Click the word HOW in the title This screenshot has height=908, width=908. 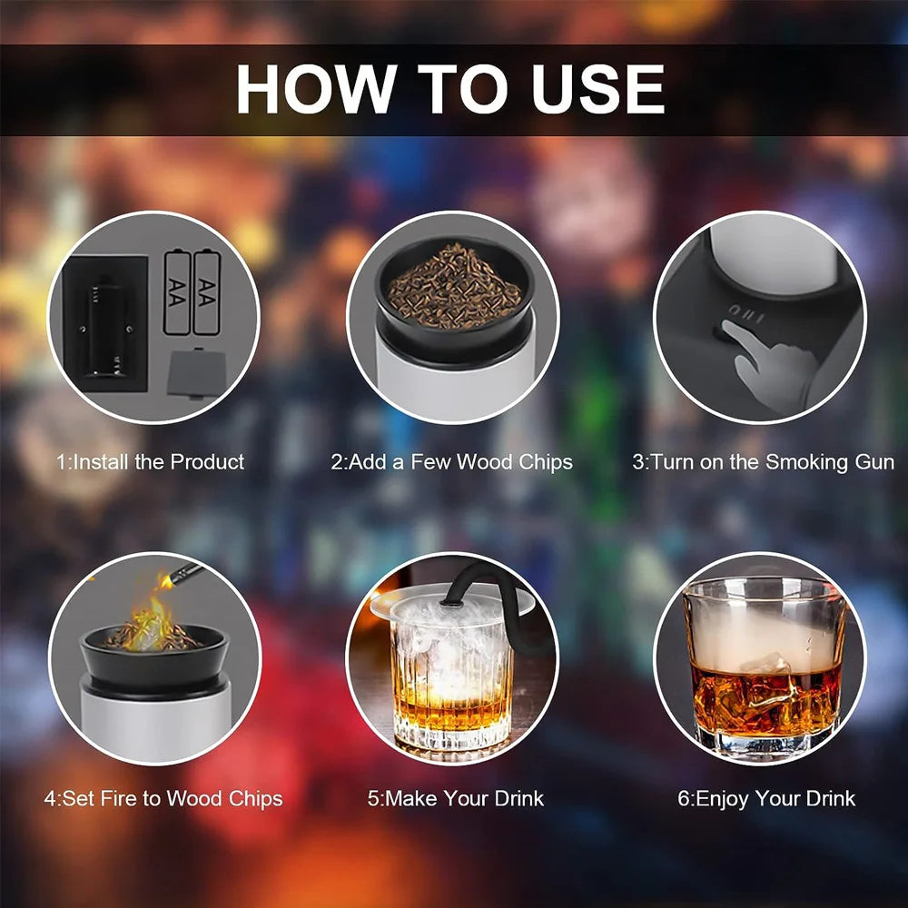pyautogui.click(x=316, y=89)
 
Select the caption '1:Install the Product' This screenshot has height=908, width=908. pyautogui.click(x=151, y=462)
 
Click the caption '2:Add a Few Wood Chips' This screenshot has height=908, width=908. pyautogui.click(x=451, y=462)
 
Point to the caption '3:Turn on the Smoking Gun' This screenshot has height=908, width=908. pyautogui.click(x=764, y=462)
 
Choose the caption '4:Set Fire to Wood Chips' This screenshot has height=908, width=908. pyautogui.click(x=163, y=798)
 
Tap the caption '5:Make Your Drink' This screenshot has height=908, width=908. pyautogui.click(x=456, y=798)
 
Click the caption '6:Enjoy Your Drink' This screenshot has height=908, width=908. pyautogui.click(x=766, y=798)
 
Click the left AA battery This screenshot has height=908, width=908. pyautogui.click(x=177, y=292)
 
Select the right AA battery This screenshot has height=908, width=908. pyautogui.click(x=207, y=292)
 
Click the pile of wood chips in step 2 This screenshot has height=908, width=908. pyautogui.click(x=454, y=287)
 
